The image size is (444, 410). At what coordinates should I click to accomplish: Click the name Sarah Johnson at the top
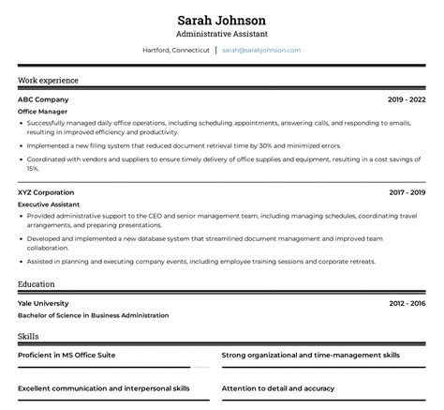click(x=222, y=20)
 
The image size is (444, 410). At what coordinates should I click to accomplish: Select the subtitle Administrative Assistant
click(x=222, y=34)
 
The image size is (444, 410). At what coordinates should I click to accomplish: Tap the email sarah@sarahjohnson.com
click(x=261, y=50)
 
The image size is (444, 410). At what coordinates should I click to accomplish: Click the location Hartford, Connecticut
click(x=176, y=50)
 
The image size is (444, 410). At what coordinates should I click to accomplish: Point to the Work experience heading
click(x=48, y=81)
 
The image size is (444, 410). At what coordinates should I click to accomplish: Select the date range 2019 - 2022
click(x=407, y=99)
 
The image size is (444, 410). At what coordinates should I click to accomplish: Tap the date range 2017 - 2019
click(x=407, y=192)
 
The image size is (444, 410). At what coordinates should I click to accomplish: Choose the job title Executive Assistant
click(x=49, y=204)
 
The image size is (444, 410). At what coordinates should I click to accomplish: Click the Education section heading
click(x=37, y=282)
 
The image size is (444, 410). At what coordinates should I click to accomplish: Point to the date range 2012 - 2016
click(x=407, y=303)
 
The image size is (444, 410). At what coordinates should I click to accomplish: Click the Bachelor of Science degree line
click(x=94, y=315)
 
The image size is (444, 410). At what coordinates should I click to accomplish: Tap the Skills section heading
click(x=28, y=335)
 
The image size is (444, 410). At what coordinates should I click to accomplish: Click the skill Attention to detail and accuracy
click(x=278, y=387)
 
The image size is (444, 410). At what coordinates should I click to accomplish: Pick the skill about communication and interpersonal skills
click(x=104, y=387)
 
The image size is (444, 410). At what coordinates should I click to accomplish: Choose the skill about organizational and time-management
click(x=311, y=356)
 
